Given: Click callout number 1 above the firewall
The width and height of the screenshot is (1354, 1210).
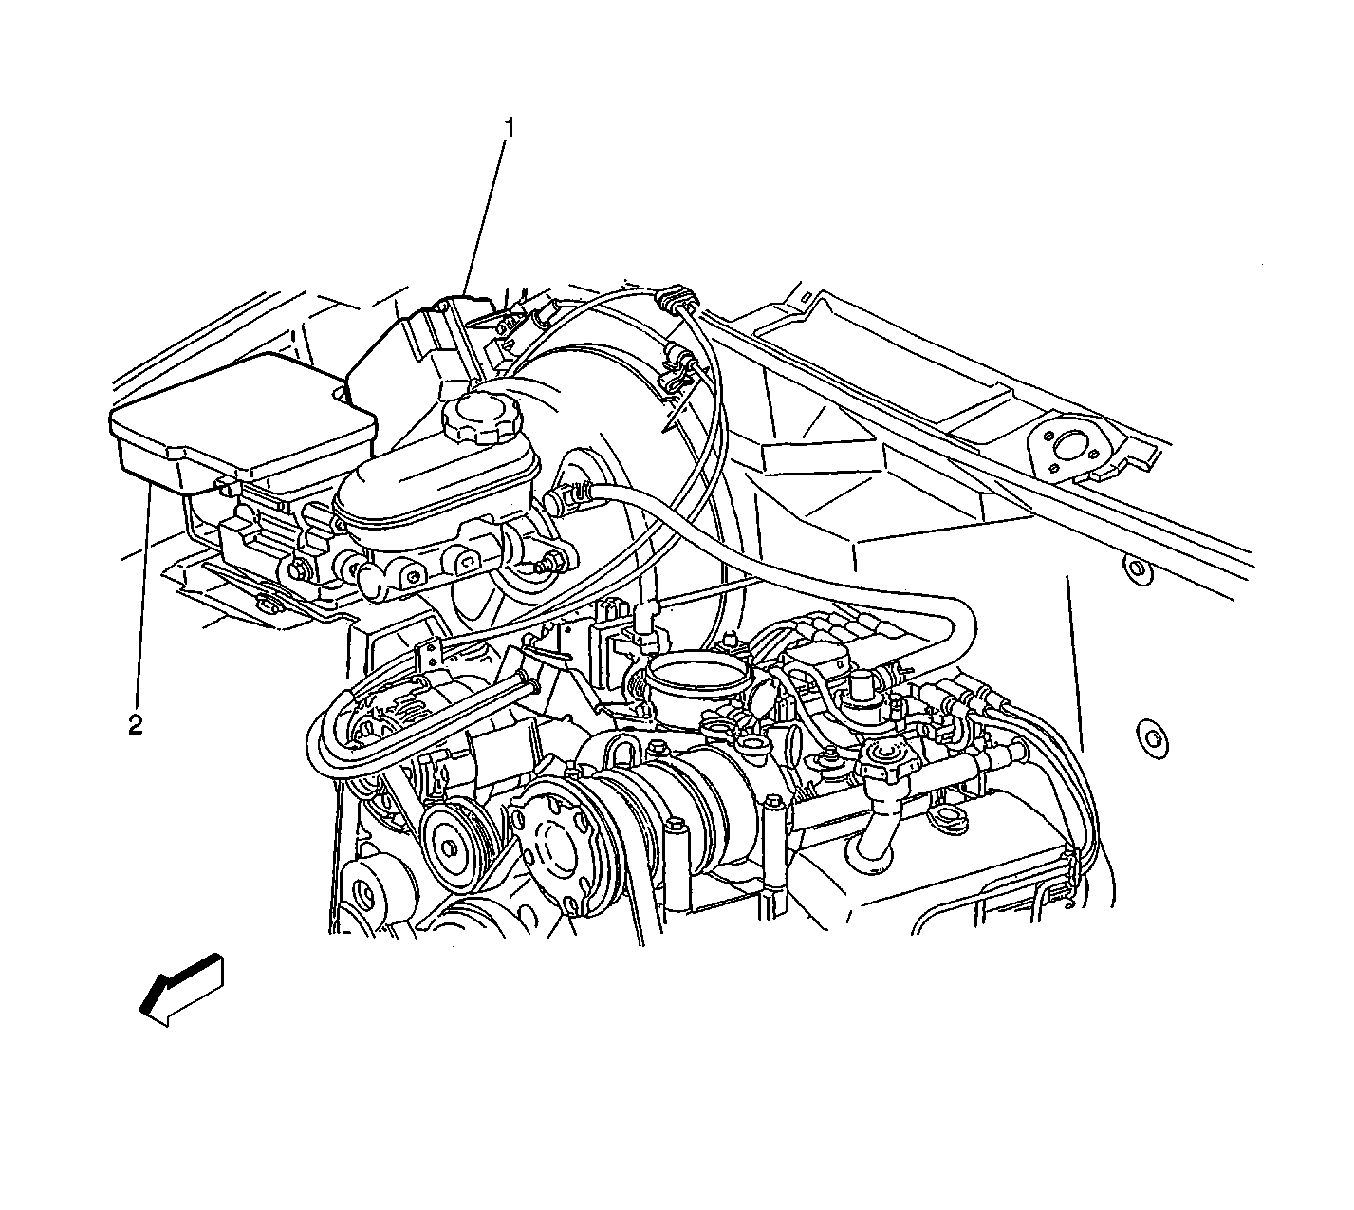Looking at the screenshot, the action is click(510, 128).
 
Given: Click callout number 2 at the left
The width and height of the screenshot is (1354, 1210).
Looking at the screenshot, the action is click(136, 725).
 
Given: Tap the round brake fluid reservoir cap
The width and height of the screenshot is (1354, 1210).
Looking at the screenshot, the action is click(480, 415).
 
